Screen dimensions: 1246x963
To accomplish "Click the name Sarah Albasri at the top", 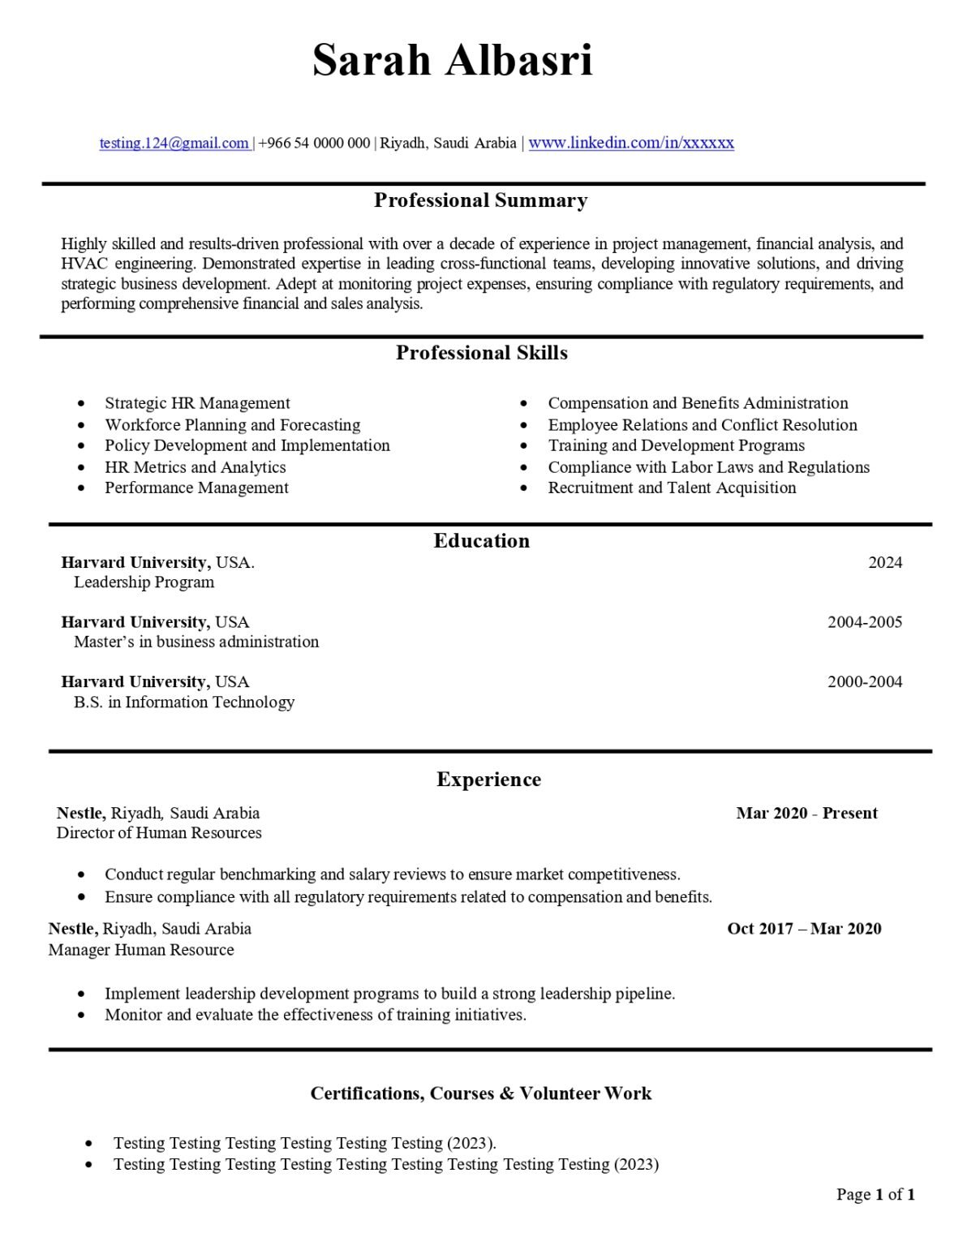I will pyautogui.click(x=452, y=60).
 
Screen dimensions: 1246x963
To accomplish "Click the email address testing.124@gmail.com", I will pyautogui.click(x=174, y=144).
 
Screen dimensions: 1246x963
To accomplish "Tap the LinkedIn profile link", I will pyautogui.click(x=631, y=143).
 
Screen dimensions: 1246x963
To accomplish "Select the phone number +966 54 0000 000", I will pyautogui.click(x=314, y=144).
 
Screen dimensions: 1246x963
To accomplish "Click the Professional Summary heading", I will pyautogui.click(x=480, y=200).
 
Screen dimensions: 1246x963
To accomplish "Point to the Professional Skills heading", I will pyautogui.click(x=481, y=353).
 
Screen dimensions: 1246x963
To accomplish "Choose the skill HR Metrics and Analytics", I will pyautogui.click(x=195, y=467).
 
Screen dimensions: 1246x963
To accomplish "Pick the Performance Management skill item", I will pyautogui.click(x=196, y=488).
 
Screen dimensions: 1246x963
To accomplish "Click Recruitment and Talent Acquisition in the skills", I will pyautogui.click(x=672, y=488).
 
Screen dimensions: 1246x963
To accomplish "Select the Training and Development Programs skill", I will pyautogui.click(x=676, y=445).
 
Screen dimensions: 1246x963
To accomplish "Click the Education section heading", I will pyautogui.click(x=481, y=541).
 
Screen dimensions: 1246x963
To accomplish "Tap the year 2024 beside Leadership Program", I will pyautogui.click(x=884, y=563).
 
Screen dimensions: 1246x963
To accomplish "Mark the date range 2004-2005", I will pyautogui.click(x=864, y=622).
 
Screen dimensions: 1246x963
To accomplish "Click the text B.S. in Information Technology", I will pyautogui.click(x=184, y=702).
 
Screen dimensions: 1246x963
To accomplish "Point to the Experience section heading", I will pyautogui.click(x=488, y=780).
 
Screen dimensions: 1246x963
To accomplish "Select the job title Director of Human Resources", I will pyautogui.click(x=159, y=833).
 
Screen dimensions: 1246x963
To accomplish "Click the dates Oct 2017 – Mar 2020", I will pyautogui.click(x=804, y=929).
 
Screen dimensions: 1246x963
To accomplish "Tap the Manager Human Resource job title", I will pyautogui.click(x=141, y=950).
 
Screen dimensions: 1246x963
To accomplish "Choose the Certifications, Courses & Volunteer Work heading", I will pyautogui.click(x=480, y=1093).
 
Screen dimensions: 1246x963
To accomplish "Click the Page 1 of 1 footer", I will pyautogui.click(x=875, y=1194).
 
